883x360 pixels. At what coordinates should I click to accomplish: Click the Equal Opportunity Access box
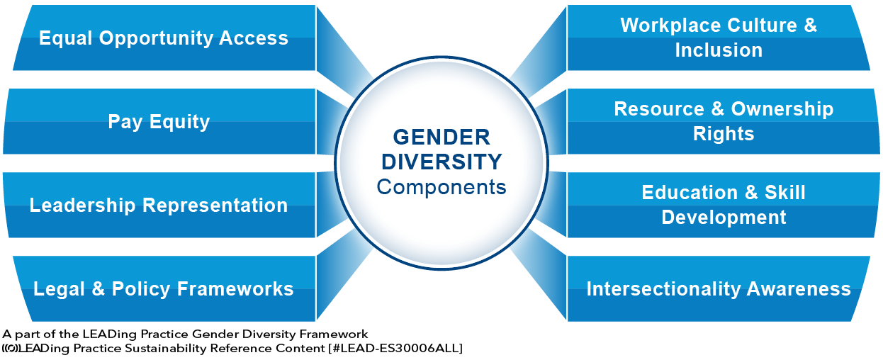tap(164, 38)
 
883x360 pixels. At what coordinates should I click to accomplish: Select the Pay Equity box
tap(159, 121)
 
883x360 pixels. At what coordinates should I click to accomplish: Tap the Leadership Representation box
tap(159, 205)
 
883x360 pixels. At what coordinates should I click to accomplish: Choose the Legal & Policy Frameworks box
tap(164, 288)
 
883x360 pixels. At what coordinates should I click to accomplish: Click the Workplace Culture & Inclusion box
tap(719, 38)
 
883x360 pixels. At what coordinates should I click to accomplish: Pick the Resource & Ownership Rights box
tap(723, 121)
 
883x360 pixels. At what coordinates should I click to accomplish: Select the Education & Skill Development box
tap(723, 205)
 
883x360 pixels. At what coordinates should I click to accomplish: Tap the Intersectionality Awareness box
tap(719, 288)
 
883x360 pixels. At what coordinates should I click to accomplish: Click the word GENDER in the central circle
tap(441, 136)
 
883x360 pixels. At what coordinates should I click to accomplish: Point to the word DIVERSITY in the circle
tap(441, 162)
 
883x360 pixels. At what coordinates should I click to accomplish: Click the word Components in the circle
tap(441, 187)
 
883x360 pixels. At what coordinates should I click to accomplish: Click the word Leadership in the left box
tap(82, 206)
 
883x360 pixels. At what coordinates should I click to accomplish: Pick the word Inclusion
tap(719, 50)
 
